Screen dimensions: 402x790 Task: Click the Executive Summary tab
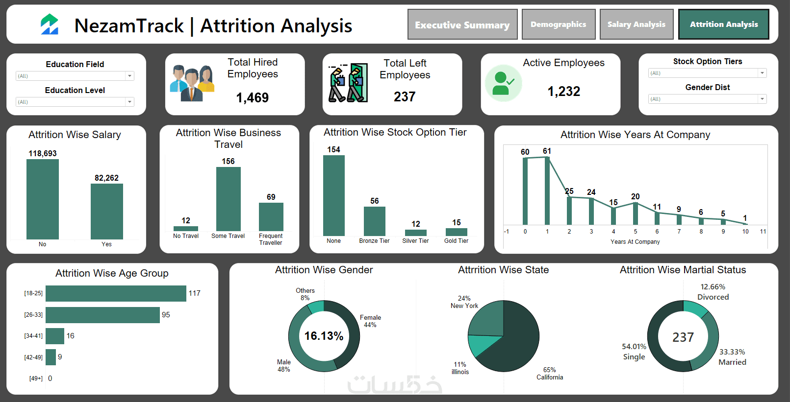tap(462, 24)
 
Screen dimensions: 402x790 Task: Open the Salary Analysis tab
tap(636, 24)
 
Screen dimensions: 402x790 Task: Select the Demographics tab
tap(558, 24)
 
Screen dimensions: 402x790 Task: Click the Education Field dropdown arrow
tap(129, 76)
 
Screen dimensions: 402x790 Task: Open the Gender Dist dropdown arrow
tap(762, 99)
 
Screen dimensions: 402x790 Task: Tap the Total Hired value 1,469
tap(252, 97)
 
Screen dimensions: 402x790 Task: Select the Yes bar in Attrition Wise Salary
tap(106, 211)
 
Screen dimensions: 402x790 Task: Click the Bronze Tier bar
tap(374, 221)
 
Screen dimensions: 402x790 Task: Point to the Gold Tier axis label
tap(456, 241)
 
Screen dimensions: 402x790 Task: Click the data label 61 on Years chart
tap(547, 151)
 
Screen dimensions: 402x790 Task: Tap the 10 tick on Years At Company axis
tap(745, 232)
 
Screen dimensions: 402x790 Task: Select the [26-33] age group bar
tap(102, 315)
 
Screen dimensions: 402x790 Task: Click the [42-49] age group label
tap(33, 357)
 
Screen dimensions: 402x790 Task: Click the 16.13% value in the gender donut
tap(324, 336)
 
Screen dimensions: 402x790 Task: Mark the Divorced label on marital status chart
tap(713, 297)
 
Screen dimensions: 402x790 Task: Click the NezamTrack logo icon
tap(50, 24)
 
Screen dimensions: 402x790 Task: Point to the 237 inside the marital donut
tap(683, 337)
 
